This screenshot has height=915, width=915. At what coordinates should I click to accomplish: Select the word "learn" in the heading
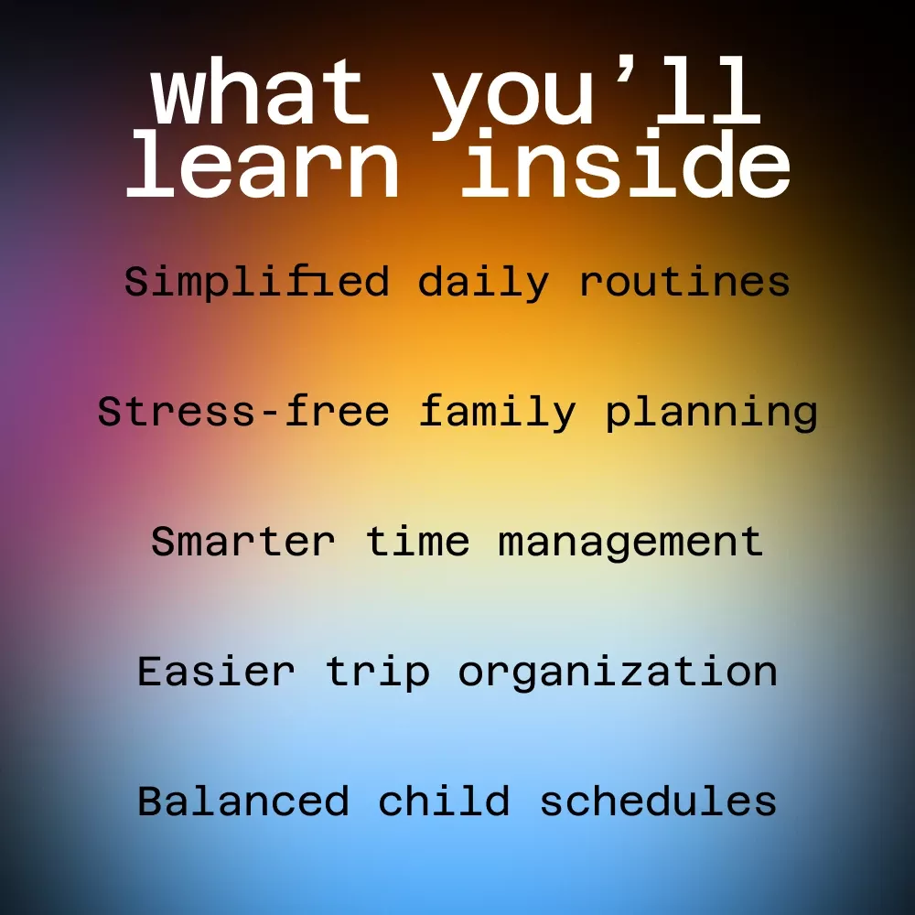(x=263, y=165)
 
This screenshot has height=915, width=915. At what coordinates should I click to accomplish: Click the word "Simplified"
(x=257, y=282)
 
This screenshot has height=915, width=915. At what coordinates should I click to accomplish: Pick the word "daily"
(x=484, y=283)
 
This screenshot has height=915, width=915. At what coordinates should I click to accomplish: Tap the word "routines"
(x=684, y=281)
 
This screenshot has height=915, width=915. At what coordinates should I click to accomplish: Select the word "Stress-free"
(x=243, y=411)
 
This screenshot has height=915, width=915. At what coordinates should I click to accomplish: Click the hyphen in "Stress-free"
(x=270, y=414)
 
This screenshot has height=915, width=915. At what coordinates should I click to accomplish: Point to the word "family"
(x=498, y=412)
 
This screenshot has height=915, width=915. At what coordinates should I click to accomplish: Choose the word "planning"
(x=711, y=413)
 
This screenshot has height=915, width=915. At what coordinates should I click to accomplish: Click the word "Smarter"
(x=243, y=542)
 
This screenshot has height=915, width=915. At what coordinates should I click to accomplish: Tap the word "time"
(x=418, y=541)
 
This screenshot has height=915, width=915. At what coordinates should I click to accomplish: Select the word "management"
(x=630, y=543)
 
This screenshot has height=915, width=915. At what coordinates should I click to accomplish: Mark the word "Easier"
(x=216, y=671)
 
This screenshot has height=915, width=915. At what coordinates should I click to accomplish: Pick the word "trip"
(x=378, y=673)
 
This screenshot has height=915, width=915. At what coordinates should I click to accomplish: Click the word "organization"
(x=618, y=673)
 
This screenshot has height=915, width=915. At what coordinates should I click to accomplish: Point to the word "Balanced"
(x=243, y=801)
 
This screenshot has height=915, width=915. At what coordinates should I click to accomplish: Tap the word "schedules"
(x=658, y=801)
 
